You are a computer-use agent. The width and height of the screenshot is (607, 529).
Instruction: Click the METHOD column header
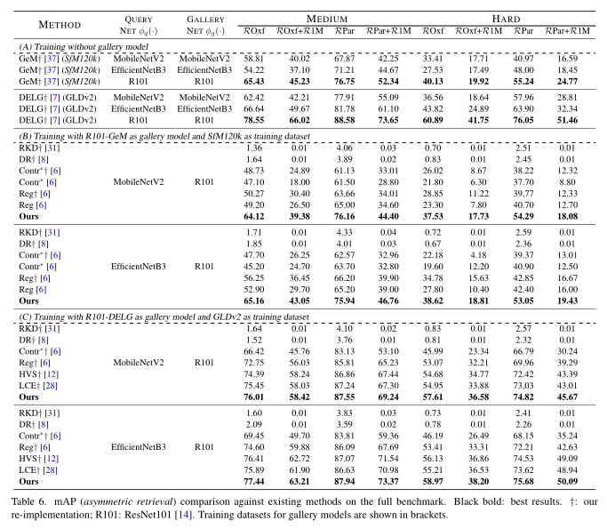pyautogui.click(x=60, y=25)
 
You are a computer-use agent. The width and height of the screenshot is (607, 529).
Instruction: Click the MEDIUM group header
pyautogui.click(x=327, y=19)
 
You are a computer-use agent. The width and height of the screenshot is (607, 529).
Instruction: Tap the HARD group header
pyautogui.click(x=506, y=19)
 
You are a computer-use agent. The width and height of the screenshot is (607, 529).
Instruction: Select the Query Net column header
pyautogui.click(x=139, y=25)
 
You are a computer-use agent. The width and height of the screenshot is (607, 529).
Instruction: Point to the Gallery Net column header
pyautogui.click(x=205, y=25)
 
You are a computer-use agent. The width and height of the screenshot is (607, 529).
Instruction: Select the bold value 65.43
pyautogui.click(x=254, y=81)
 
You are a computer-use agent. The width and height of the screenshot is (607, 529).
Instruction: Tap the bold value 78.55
pyautogui.click(x=254, y=120)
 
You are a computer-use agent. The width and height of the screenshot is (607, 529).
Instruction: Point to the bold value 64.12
pyautogui.click(x=254, y=216)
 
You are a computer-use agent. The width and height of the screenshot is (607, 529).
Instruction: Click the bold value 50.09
pyautogui.click(x=568, y=481)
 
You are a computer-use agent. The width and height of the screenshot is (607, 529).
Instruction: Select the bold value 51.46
pyautogui.click(x=568, y=120)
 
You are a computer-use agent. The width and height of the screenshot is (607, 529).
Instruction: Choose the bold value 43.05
pyautogui.click(x=300, y=301)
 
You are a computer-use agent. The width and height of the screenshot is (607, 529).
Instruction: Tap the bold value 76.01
pyautogui.click(x=254, y=397)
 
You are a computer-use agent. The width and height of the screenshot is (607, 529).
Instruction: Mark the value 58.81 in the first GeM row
pyautogui.click(x=254, y=59)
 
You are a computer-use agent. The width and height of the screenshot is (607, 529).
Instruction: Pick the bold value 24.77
pyautogui.click(x=568, y=81)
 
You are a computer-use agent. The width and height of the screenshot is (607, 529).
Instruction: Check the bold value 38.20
pyautogui.click(x=478, y=481)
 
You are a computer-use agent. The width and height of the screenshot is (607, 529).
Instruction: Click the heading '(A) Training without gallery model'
pyautogui.click(x=84, y=47)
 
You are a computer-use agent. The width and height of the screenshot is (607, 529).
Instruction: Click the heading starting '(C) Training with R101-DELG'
pyautogui.click(x=164, y=317)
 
